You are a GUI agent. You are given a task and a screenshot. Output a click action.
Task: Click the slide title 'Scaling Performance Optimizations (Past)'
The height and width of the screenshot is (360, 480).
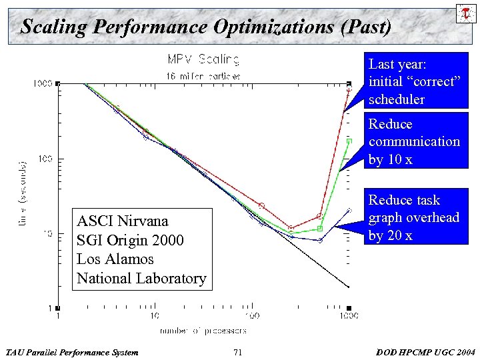[x=205, y=27]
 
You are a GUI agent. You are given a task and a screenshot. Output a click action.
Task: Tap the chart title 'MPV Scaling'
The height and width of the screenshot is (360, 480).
[x=203, y=59]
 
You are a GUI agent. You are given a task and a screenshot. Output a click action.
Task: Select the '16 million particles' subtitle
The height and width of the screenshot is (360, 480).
[x=203, y=76]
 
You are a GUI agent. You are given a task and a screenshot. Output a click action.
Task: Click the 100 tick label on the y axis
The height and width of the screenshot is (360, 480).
[x=46, y=159]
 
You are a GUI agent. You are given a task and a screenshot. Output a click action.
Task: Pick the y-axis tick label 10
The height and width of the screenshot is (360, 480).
[x=48, y=233]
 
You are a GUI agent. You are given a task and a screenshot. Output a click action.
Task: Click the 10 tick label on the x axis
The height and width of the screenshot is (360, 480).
[x=153, y=316]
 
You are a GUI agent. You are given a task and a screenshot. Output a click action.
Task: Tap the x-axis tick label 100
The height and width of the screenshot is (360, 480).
[x=251, y=316]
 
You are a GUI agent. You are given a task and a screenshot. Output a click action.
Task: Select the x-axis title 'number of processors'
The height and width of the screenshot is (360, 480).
[x=203, y=330]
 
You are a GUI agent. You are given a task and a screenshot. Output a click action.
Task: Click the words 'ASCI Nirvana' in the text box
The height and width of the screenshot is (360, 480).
[x=123, y=221]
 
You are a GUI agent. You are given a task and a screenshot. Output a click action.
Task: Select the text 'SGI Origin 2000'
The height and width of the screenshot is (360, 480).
[x=130, y=240]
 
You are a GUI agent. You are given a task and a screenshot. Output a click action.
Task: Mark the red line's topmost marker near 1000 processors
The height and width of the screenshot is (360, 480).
[x=349, y=89]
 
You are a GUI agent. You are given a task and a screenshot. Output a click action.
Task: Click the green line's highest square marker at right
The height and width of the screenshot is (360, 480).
[x=349, y=141]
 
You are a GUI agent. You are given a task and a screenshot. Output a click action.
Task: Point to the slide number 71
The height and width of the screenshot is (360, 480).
[x=238, y=352]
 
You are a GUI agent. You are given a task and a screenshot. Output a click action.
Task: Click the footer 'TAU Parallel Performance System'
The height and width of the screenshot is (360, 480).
[x=71, y=352]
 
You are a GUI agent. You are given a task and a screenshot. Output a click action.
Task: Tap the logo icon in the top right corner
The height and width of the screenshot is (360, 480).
[x=463, y=13]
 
